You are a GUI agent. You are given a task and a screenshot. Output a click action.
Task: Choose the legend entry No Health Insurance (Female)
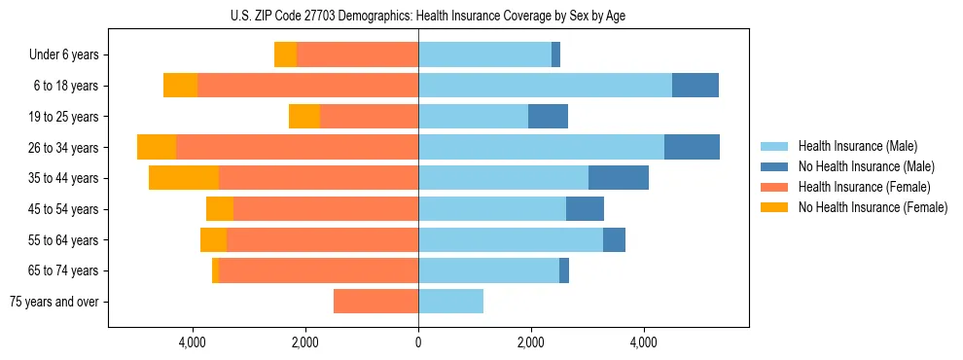point(873,207)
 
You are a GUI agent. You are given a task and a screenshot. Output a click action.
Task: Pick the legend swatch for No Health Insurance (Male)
point(774,166)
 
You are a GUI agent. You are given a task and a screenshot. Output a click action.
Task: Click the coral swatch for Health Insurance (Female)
point(774,187)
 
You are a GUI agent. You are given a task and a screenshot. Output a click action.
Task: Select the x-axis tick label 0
point(418,342)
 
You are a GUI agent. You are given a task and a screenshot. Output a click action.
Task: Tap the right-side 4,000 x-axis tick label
point(643,342)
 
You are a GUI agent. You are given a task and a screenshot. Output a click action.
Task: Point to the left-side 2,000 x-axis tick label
point(305,342)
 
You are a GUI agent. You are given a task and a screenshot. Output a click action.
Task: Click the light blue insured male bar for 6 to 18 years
point(545,86)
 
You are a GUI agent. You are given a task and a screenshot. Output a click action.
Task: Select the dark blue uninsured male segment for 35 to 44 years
point(619,178)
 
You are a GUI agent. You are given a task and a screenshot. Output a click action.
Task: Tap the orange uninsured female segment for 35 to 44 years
point(184,178)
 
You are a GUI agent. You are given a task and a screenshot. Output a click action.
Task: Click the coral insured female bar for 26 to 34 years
point(297,147)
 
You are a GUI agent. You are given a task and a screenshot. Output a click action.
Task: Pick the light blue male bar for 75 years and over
point(450,302)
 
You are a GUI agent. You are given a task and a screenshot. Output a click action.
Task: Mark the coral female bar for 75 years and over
point(375,302)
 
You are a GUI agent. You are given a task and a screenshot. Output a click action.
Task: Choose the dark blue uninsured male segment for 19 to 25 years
point(548,117)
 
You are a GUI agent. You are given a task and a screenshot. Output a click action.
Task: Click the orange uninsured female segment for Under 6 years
point(285,54)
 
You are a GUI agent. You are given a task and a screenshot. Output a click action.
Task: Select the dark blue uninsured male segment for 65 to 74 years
point(564,270)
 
